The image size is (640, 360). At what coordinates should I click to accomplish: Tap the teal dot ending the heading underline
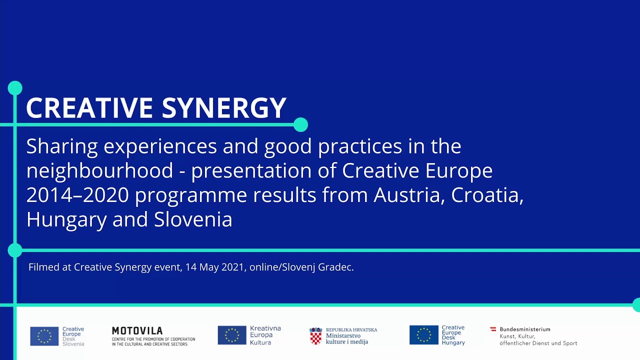tap(300, 124)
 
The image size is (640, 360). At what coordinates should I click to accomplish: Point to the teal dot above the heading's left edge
tap(15, 88)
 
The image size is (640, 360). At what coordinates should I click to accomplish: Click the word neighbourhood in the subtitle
tap(99, 170)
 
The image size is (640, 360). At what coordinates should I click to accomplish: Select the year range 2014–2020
tap(77, 195)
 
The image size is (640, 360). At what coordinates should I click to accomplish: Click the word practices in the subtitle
tap(360, 146)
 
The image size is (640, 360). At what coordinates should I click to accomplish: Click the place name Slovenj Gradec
tap(317, 267)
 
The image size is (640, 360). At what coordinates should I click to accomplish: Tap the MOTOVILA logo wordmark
tap(137, 331)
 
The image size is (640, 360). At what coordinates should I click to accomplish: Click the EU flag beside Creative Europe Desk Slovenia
tap(44, 336)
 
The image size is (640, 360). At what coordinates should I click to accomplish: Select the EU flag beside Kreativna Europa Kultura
tap(231, 335)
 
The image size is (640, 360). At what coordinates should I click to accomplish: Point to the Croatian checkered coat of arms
tap(315, 336)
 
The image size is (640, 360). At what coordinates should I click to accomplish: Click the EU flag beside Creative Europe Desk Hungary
tap(423, 335)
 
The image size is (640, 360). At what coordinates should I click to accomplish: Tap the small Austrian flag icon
tap(493, 329)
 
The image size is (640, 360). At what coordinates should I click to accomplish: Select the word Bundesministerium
tap(525, 329)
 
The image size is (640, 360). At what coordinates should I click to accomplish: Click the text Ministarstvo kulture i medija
tap(346, 339)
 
